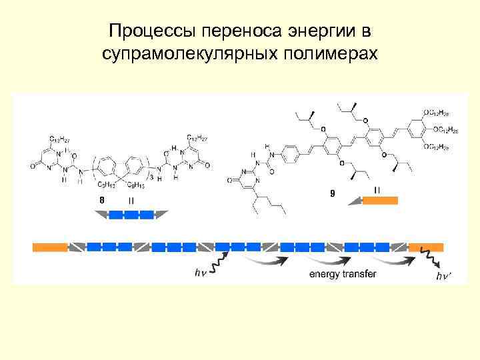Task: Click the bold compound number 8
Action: click(x=101, y=200)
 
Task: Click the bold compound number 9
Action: click(x=331, y=194)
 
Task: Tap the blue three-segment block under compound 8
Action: click(x=132, y=215)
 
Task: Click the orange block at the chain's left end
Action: click(x=50, y=247)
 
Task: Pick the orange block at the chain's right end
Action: click(x=426, y=247)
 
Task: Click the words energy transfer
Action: click(x=343, y=274)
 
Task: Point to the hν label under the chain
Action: click(x=200, y=273)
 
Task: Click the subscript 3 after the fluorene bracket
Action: click(x=153, y=177)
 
